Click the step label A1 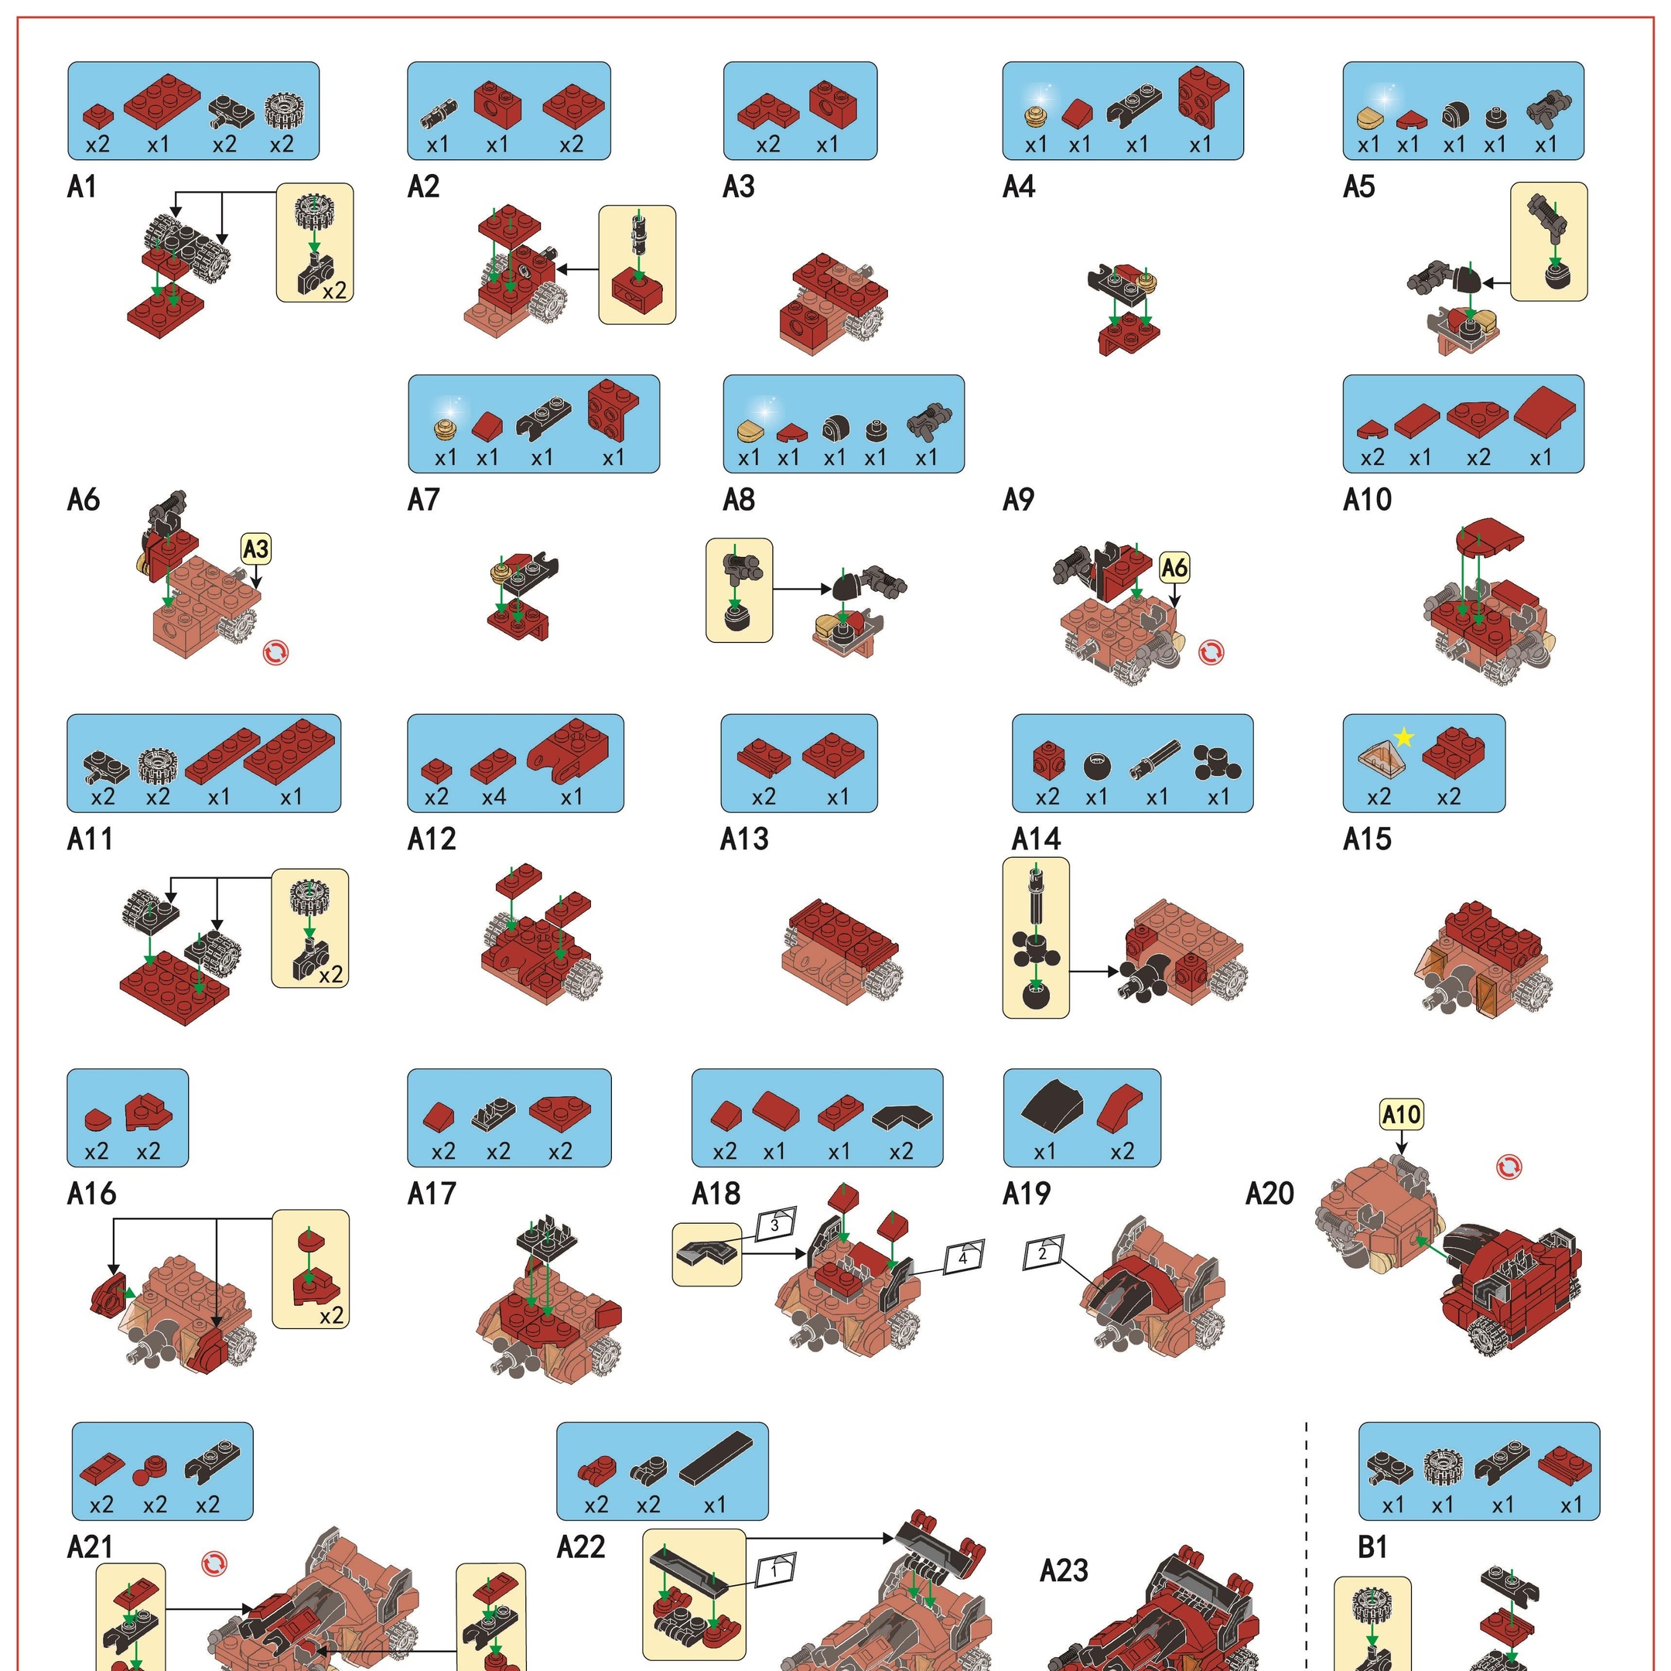tap(82, 186)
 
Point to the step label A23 tap(1064, 1570)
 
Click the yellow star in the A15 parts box tap(1404, 738)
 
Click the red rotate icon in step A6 tap(276, 653)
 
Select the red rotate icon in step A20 tap(1509, 1167)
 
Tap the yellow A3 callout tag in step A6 tap(256, 549)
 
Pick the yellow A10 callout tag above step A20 tap(1401, 1114)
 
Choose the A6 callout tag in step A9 tap(1174, 569)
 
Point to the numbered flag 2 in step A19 tap(1043, 1252)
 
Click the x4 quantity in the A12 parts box tap(494, 797)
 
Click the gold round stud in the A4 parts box tap(1036, 116)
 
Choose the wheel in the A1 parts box tap(281, 111)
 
